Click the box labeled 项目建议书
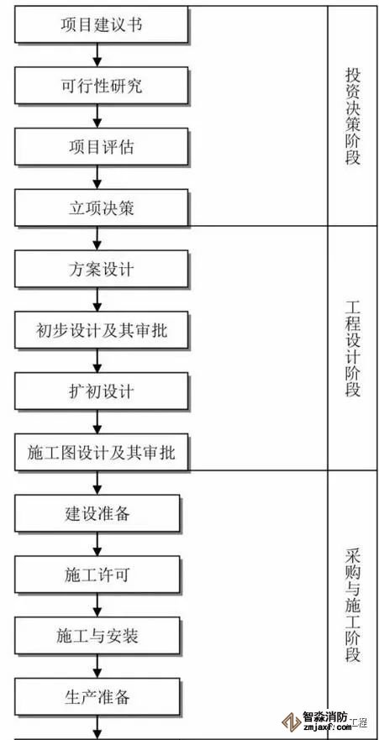pyautogui.click(x=102, y=24)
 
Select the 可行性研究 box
pyautogui.click(x=102, y=86)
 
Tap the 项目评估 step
pyautogui.click(x=102, y=147)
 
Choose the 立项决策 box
pyautogui.click(x=102, y=207)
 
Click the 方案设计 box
pyautogui.click(x=102, y=269)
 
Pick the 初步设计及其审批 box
pyautogui.click(x=102, y=330)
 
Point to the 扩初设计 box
pyautogui.click(x=102, y=391)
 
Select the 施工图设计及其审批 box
pyautogui.click(x=102, y=452)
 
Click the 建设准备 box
pyautogui.click(x=97, y=513)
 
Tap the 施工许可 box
pyautogui.click(x=97, y=575)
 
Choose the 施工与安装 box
pyautogui.click(x=97, y=636)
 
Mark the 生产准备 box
pyautogui.click(x=97, y=697)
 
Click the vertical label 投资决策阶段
pyautogui.click(x=353, y=116)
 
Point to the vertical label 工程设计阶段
pyautogui.click(x=353, y=349)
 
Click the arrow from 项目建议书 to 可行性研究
pyautogui.click(x=97, y=55)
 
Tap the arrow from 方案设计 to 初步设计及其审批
pyautogui.click(x=97, y=300)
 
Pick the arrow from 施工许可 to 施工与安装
pyautogui.click(x=97, y=605)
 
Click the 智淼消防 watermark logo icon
pyautogui.click(x=292, y=722)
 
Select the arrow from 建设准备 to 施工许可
pyautogui.click(x=97, y=544)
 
